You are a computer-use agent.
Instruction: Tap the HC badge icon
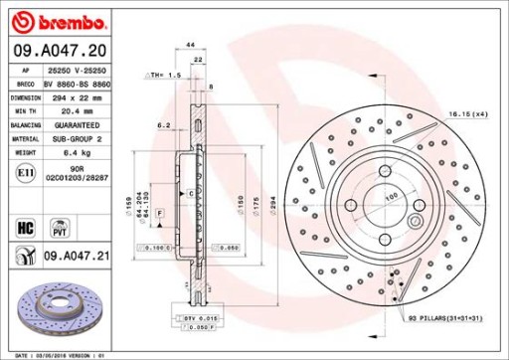(x=22, y=227)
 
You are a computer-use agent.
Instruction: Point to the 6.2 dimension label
(x=166, y=125)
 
